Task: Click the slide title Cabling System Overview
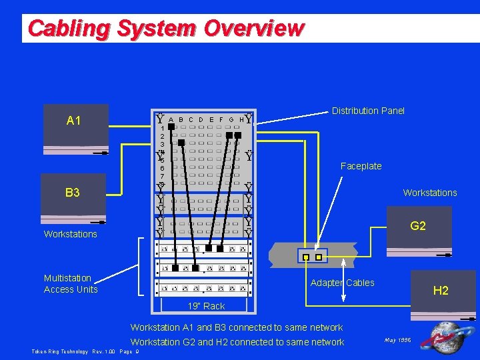pyautogui.click(x=166, y=29)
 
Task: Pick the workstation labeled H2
pyautogui.click(x=441, y=293)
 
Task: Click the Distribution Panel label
pyautogui.click(x=368, y=111)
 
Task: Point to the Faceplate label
pyautogui.click(x=361, y=166)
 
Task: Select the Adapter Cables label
pyautogui.click(x=343, y=283)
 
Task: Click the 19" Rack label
pyautogui.click(x=206, y=306)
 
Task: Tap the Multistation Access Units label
pyautogui.click(x=71, y=283)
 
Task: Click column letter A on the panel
pyautogui.click(x=171, y=120)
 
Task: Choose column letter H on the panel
pyautogui.click(x=241, y=120)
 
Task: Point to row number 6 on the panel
pyautogui.click(x=162, y=169)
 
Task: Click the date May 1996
pyautogui.click(x=398, y=340)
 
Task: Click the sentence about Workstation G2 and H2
pyautogui.click(x=237, y=342)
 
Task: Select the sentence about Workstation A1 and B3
pyautogui.click(x=237, y=327)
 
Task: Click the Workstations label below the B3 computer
pyautogui.click(x=70, y=234)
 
